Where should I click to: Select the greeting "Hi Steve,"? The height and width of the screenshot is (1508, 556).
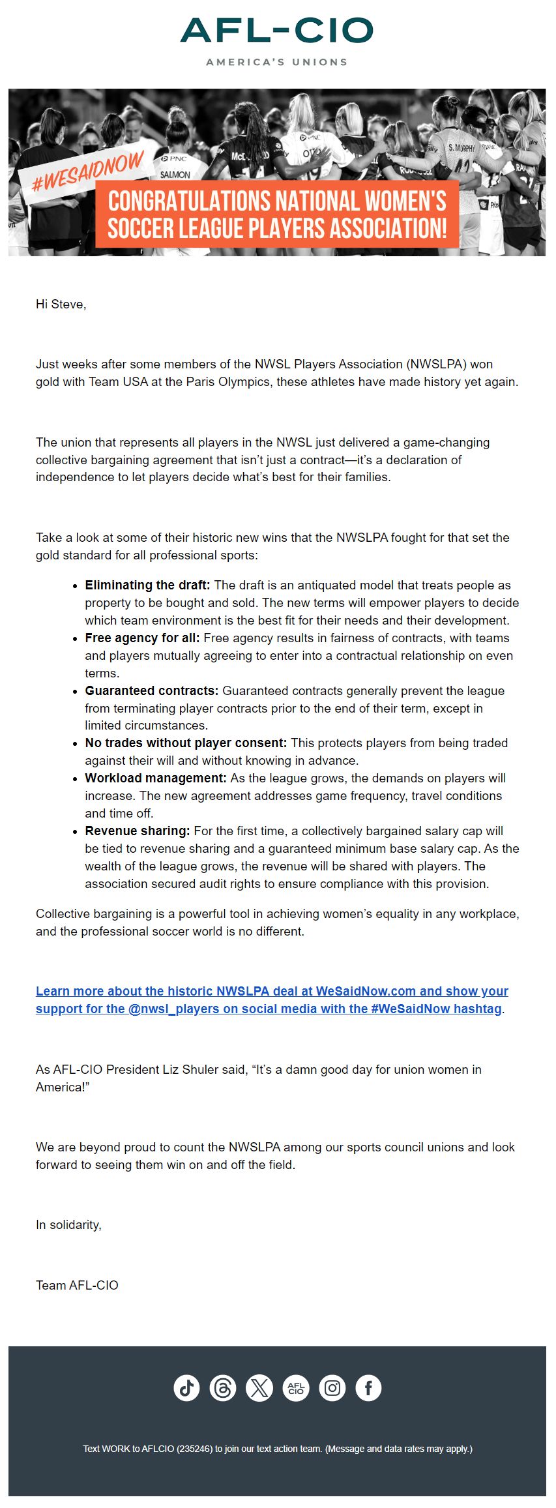pos(61,304)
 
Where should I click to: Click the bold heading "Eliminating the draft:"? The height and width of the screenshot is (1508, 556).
pos(147,585)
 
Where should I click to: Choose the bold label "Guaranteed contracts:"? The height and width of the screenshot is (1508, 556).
pos(151,691)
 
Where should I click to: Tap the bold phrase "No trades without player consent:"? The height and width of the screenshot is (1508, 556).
pos(186,743)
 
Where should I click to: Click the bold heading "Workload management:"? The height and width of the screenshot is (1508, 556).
pos(155,778)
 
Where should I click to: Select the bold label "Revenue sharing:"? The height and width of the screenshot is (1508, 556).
pos(137,831)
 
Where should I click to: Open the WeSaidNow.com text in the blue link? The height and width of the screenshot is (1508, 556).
pos(366,992)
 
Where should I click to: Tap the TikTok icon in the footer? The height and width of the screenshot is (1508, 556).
pos(186,1388)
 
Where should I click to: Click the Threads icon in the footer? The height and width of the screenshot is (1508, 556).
pos(223,1388)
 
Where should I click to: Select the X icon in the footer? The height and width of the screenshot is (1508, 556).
pos(259,1388)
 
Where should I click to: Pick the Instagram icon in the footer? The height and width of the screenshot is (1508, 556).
pos(332,1388)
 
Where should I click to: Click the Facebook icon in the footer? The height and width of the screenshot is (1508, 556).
pos(369,1388)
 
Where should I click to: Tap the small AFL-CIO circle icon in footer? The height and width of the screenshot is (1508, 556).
pos(296,1388)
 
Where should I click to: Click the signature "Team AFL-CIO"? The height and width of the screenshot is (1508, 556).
pos(77,1286)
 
